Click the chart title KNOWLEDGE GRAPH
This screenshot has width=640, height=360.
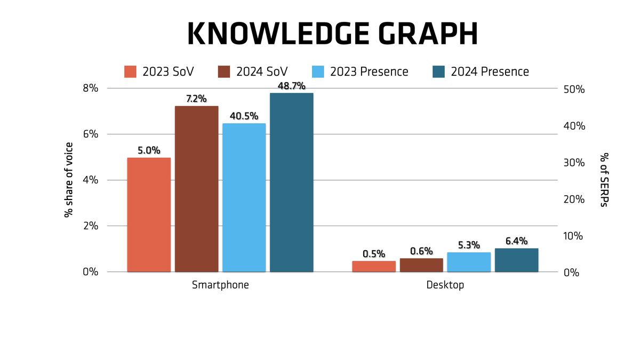pos(332,35)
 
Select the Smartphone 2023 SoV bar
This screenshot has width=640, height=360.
pos(149,215)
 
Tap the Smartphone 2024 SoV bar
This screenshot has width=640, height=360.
pos(196,189)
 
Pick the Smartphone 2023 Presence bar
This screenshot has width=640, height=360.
pos(244,198)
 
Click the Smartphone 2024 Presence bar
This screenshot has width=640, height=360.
pos(291,182)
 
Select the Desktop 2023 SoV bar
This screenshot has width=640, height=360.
pos(374,266)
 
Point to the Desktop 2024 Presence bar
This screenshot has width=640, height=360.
pos(516,260)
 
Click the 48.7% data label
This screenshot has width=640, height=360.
pos(291,86)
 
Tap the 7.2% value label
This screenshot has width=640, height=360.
pos(196,99)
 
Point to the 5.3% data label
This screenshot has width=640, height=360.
pos(469,245)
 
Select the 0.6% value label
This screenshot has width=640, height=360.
pos(421,251)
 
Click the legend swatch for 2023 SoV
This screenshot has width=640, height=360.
pos(131,71)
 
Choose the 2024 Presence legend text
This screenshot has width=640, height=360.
pos(490,71)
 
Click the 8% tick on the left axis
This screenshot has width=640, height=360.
pos(91,89)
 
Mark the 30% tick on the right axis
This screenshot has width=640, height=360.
pos(575,163)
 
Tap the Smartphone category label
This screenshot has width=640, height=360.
pos(220,285)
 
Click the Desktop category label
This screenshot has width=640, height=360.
pos(445,285)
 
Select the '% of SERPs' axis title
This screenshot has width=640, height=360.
pos(604,180)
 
